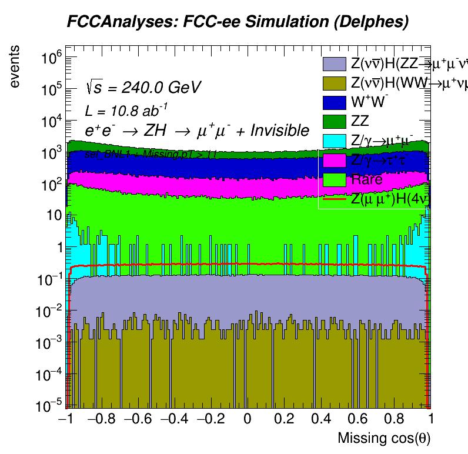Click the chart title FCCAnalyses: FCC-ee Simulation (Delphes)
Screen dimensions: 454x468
tap(237, 22)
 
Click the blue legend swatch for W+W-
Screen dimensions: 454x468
tap(333, 102)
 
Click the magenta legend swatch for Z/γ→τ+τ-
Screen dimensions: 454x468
tap(333, 160)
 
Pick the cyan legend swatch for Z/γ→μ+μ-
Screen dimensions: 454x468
tap(333, 141)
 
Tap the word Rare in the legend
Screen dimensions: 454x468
tap(366, 179)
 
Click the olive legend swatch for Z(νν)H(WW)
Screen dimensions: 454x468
tap(333, 84)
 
